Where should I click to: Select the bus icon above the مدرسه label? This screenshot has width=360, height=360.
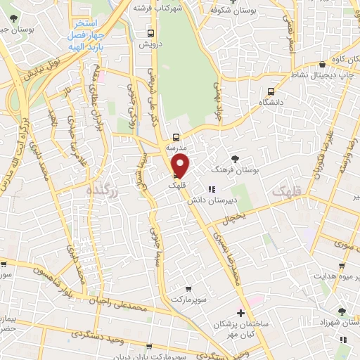tap(176, 138)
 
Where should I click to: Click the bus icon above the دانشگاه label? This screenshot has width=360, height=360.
tap(271, 91)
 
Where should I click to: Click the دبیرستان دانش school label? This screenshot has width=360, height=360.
tap(210, 199)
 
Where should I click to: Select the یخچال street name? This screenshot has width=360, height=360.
tap(233, 219)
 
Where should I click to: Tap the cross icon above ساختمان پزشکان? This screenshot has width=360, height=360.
tap(241, 312)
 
